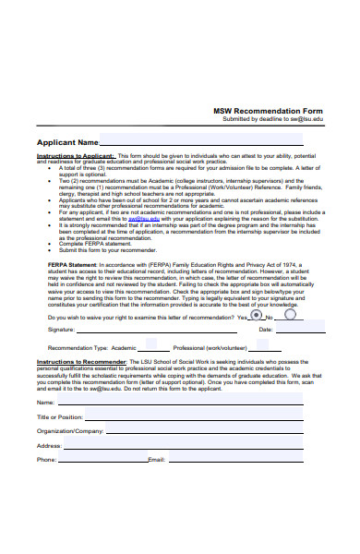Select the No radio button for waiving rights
[x=290, y=315]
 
